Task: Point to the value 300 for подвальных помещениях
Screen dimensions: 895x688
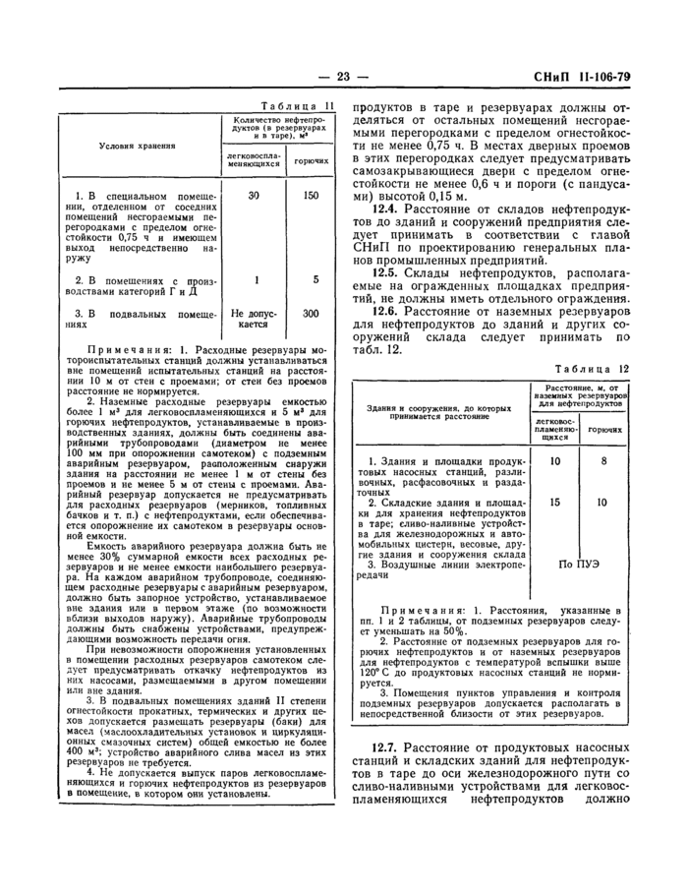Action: pos(312,314)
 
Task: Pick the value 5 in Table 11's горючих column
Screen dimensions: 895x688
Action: pos(315,279)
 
